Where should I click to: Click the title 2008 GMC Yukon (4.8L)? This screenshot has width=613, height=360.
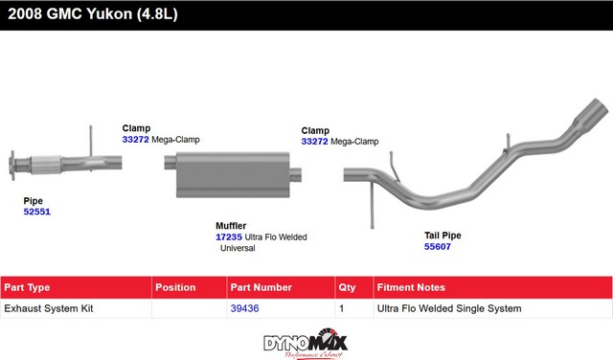[x=93, y=14]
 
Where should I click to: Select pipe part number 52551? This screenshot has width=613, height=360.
[x=36, y=212]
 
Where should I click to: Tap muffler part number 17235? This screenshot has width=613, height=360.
[x=229, y=236]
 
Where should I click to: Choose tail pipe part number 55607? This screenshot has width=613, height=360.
[x=438, y=247]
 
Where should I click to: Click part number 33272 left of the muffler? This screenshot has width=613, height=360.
[x=136, y=140]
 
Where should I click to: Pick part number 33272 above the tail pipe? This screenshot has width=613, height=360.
[x=315, y=142]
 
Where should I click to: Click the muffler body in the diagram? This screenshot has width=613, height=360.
[x=233, y=174]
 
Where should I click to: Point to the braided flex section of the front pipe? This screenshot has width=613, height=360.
[x=46, y=165]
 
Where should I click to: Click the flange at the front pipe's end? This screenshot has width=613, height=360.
[x=12, y=166]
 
